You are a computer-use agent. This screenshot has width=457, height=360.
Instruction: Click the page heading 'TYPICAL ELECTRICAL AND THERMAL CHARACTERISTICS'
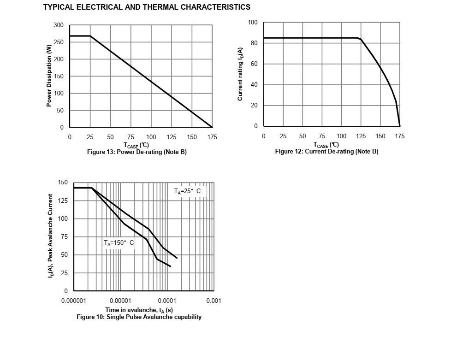[x=147, y=7]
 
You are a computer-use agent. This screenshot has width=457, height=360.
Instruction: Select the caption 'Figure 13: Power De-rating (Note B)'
[x=137, y=152]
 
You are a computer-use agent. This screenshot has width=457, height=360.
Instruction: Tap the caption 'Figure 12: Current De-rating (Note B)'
[x=326, y=152]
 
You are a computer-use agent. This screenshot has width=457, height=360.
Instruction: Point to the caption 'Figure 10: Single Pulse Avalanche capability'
[x=139, y=317]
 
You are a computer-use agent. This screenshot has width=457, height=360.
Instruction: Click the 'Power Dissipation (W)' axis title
[x=49, y=76]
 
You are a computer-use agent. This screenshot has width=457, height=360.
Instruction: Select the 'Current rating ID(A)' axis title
[x=240, y=74]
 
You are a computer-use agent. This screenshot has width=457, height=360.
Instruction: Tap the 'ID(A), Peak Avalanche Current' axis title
[x=51, y=236]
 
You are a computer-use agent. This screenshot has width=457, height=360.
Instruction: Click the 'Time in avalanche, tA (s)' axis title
[x=139, y=310]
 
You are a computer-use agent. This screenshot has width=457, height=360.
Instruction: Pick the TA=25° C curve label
[x=187, y=191]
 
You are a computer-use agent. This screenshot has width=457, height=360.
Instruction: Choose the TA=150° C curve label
[x=119, y=242]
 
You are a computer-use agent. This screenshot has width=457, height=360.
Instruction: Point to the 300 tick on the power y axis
[x=58, y=25]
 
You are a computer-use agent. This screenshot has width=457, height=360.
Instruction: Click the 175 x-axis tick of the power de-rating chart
[x=212, y=137]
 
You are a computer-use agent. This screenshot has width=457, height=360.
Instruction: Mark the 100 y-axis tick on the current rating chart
[x=253, y=23]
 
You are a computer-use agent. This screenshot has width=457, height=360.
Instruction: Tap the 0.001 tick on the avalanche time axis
[x=214, y=301]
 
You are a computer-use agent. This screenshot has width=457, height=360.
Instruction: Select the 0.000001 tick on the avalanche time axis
[x=74, y=301]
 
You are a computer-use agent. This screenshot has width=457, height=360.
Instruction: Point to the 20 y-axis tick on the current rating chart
[x=254, y=106]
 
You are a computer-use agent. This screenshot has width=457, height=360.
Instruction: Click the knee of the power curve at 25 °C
[x=90, y=36]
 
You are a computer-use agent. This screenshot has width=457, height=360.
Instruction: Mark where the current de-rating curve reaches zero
[x=399, y=126]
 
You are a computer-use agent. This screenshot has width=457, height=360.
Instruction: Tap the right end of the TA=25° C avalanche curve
[x=177, y=258]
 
